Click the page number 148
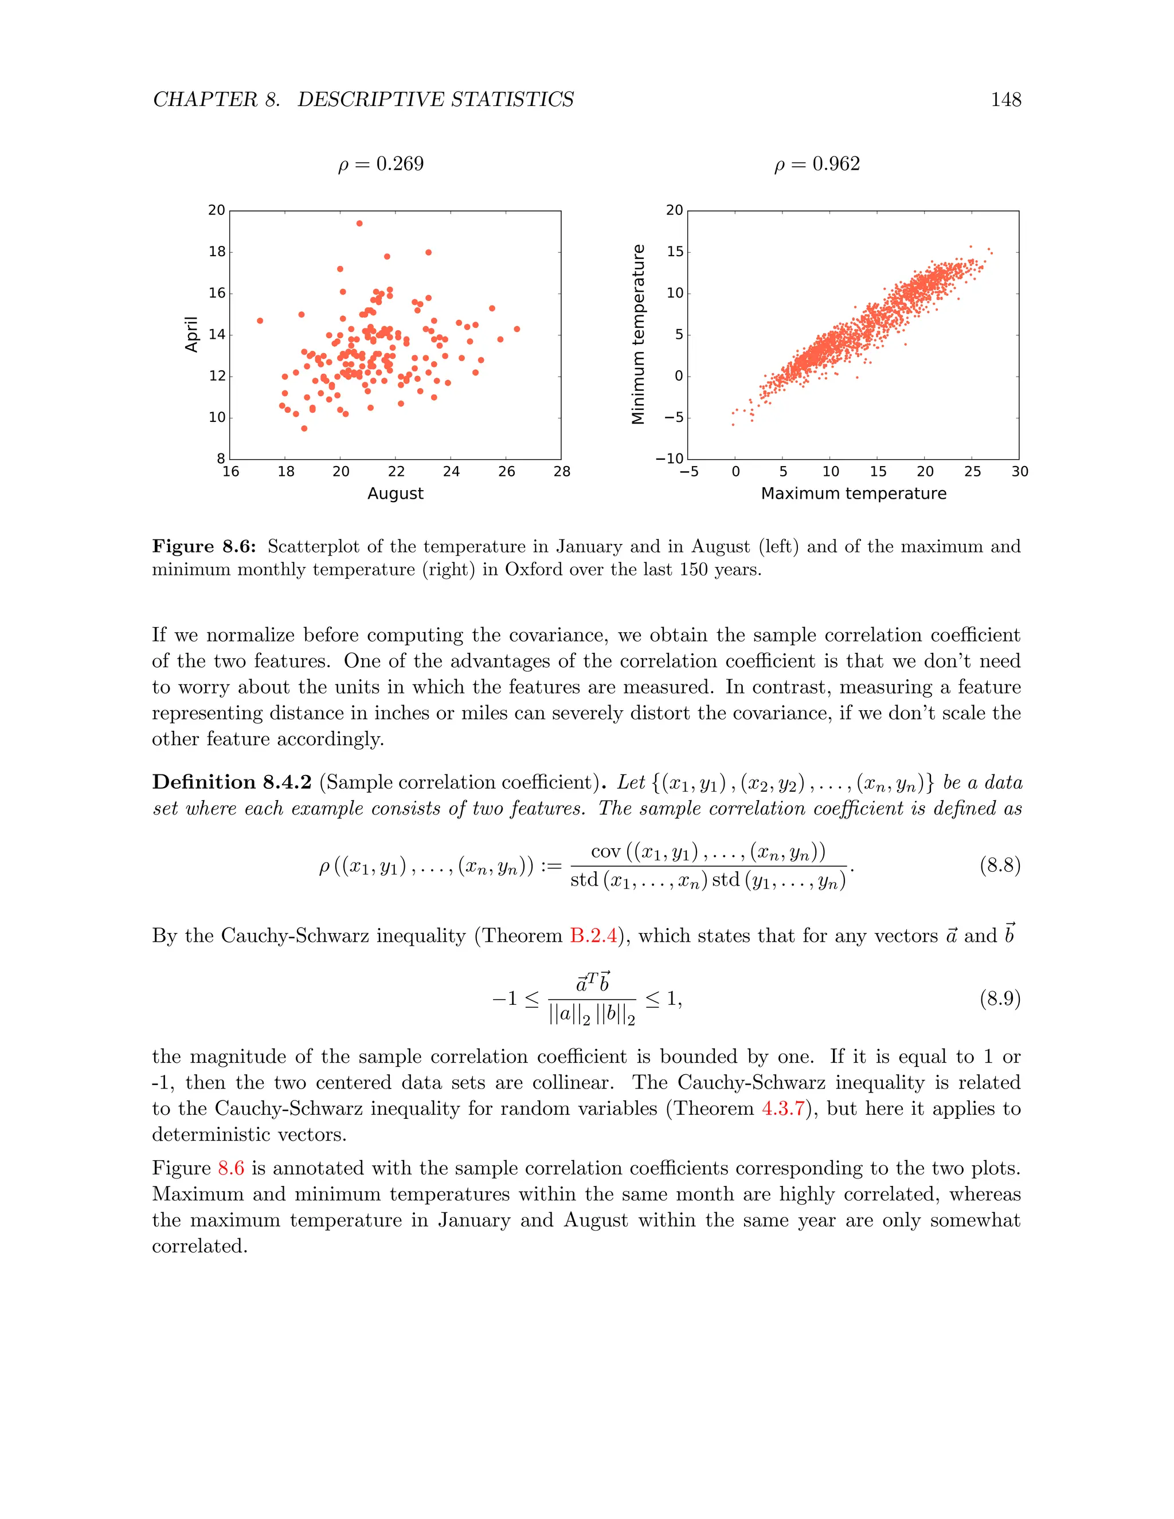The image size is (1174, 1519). (x=1005, y=100)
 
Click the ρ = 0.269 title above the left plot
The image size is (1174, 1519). (x=381, y=164)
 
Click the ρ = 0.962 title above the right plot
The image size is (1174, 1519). (x=817, y=164)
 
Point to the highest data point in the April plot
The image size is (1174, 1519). (x=359, y=223)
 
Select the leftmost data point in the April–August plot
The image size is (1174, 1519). (x=260, y=320)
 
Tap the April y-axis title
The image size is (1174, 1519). (x=191, y=335)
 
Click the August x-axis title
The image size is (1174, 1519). (x=395, y=493)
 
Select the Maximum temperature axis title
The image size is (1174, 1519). (x=854, y=493)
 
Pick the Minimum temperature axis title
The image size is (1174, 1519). (x=638, y=335)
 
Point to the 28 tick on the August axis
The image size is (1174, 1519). (x=562, y=472)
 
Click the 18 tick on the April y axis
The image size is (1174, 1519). (x=217, y=252)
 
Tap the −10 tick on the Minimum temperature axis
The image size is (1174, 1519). (x=670, y=459)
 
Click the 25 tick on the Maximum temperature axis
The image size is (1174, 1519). (x=972, y=472)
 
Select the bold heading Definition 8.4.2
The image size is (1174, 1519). (x=232, y=782)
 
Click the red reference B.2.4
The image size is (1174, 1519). (x=593, y=935)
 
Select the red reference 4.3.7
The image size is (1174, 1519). (x=782, y=1108)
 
